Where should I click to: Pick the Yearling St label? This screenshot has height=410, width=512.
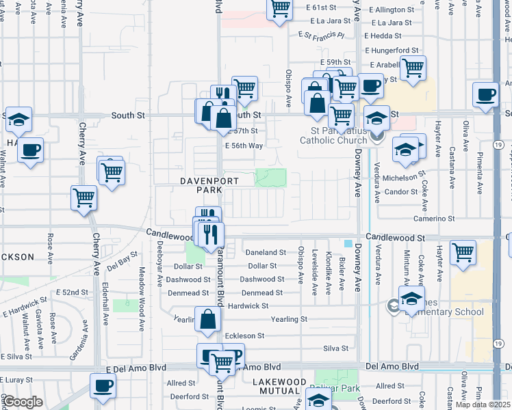pyautogui.click(x=288, y=319)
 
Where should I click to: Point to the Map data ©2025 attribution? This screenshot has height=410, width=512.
pyautogui.click(x=484, y=405)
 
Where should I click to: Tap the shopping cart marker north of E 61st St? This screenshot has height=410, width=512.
pyautogui.click(x=279, y=9)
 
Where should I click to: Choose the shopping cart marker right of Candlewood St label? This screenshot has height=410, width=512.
pyautogui.click(x=463, y=252)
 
